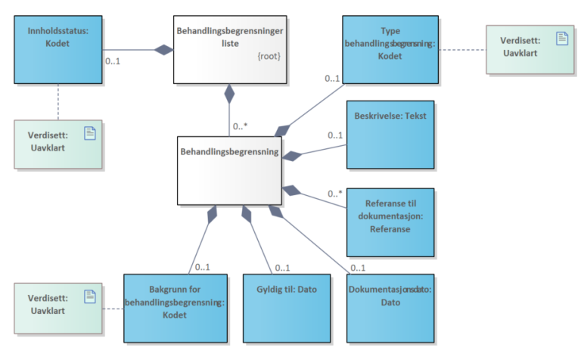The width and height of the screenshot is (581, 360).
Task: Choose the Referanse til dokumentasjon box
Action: [390, 222]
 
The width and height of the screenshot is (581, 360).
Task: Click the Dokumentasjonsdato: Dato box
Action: [390, 307]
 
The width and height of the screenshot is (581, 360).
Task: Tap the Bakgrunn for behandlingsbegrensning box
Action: [175, 307]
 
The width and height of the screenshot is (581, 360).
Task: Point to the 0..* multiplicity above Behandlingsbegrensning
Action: [241, 126]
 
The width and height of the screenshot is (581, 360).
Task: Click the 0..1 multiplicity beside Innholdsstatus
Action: [114, 61]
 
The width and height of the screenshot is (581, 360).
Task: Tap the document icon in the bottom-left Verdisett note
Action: [89, 294]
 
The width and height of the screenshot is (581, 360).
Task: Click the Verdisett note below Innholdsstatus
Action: [57, 144]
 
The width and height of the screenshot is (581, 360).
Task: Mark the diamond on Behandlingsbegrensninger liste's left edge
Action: [163, 50]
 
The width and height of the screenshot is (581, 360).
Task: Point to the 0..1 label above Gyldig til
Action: [283, 267]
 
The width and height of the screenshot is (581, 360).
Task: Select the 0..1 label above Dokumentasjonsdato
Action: [358, 267]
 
